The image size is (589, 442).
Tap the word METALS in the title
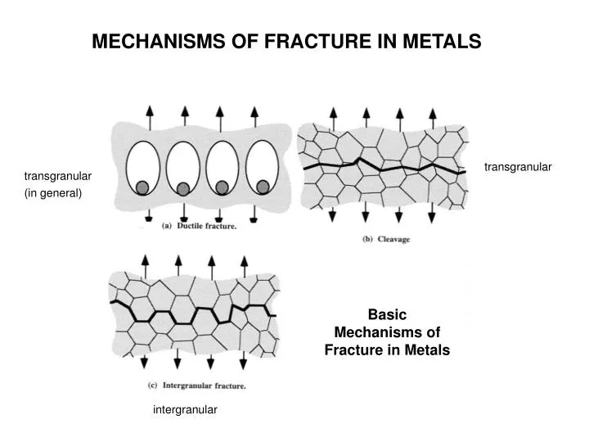pos(446,42)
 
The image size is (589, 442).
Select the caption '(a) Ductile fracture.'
pos(199,226)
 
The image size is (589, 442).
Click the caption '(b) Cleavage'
pos(385,239)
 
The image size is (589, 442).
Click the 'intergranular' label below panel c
pos(185,410)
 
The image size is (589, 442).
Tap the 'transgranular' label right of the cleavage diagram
pos(518,167)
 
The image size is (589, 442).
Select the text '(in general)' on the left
pos(54,193)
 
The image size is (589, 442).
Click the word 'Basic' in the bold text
pos(387,313)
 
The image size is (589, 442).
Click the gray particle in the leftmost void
pos(142,188)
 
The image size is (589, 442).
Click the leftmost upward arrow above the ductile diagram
pos(149,116)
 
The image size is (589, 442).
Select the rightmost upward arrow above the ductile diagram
pos(254,116)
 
